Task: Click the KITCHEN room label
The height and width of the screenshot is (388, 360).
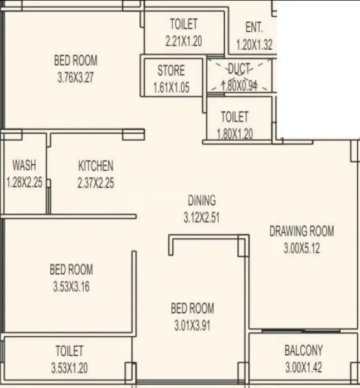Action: (96, 166)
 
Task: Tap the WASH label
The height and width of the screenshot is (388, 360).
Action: (24, 165)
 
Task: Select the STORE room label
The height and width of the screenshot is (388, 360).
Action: (171, 71)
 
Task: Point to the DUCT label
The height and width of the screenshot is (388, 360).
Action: (240, 69)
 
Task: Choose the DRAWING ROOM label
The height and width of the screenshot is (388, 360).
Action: (301, 231)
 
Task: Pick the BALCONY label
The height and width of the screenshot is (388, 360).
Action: (303, 351)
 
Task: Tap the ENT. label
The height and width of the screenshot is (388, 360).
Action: (254, 28)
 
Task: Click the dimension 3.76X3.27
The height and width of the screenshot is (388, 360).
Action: (75, 77)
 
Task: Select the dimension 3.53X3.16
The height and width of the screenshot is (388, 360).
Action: (71, 287)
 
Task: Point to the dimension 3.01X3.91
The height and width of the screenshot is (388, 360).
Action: (192, 325)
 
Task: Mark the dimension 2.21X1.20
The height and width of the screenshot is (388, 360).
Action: (184, 41)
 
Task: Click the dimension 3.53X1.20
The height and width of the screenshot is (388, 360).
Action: (70, 367)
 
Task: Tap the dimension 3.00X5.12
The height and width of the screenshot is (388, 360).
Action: (301, 248)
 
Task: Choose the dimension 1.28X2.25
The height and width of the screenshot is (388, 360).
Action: (24, 182)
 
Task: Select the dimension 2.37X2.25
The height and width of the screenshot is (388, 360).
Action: (96, 183)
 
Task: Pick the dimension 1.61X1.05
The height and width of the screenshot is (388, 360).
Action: (171, 87)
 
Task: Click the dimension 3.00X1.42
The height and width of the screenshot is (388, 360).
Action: (303, 367)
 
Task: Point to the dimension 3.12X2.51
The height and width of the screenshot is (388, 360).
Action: (202, 218)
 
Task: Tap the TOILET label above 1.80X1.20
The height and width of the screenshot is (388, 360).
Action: (235, 117)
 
